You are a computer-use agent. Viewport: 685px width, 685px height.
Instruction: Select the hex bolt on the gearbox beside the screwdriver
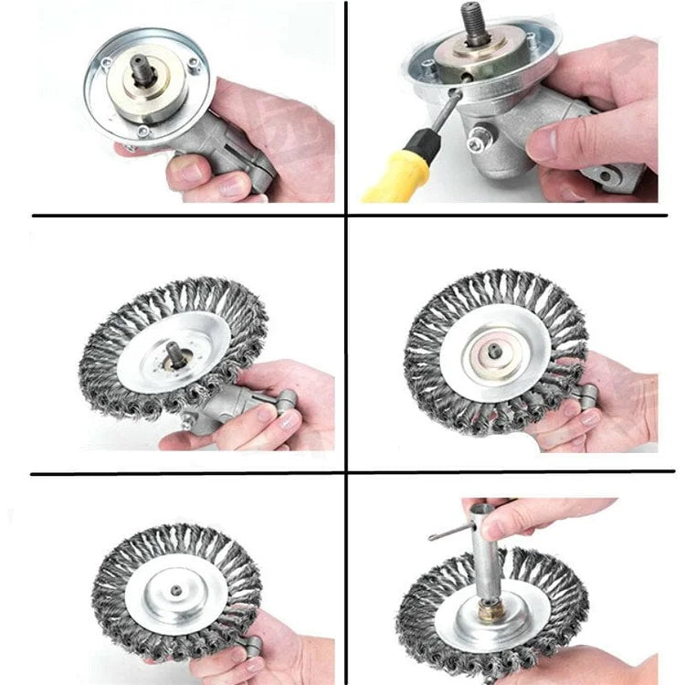[x=477, y=143]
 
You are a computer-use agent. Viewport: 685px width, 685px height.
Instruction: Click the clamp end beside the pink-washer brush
[x=585, y=398]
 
